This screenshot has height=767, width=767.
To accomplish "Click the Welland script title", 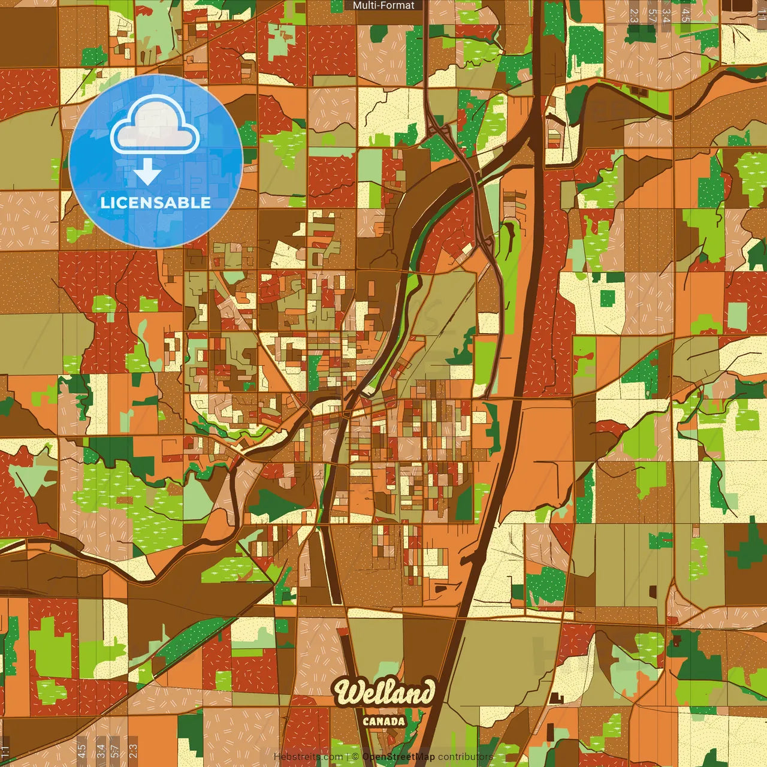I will (x=384, y=693).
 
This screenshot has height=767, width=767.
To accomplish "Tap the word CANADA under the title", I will (x=384, y=722).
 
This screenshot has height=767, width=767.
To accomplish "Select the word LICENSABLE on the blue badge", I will (x=156, y=203).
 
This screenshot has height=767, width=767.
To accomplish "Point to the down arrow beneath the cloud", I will (x=147, y=173).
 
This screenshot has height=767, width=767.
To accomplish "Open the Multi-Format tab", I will (x=383, y=5).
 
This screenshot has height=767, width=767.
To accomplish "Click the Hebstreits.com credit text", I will (x=308, y=757).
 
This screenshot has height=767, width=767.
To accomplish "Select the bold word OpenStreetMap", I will (x=398, y=757).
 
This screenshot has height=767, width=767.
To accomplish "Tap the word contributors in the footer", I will (x=466, y=757).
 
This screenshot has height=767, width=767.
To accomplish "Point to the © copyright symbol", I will (x=355, y=757).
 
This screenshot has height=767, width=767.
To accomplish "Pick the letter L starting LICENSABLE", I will (x=104, y=203).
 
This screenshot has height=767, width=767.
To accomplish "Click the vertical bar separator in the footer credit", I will (x=348, y=757).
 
